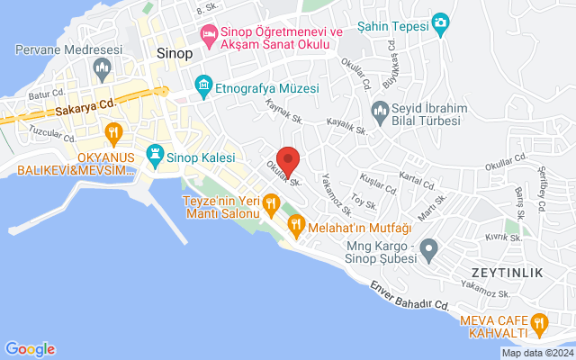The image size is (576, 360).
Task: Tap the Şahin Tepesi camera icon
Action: click(440, 22)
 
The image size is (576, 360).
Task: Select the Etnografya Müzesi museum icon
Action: click(204, 87)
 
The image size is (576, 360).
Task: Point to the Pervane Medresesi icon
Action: click(102, 67)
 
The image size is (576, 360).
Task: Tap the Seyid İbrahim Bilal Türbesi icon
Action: click(380, 111)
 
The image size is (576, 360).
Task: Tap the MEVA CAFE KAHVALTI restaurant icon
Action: click(539, 322)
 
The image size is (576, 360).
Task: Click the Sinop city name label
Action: click(174, 53)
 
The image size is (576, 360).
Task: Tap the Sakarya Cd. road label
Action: click(86, 107)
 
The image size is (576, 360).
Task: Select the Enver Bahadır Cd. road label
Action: click(409, 295)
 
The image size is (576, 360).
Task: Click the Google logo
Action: click(30, 349)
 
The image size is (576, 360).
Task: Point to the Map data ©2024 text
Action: click(535, 353)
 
